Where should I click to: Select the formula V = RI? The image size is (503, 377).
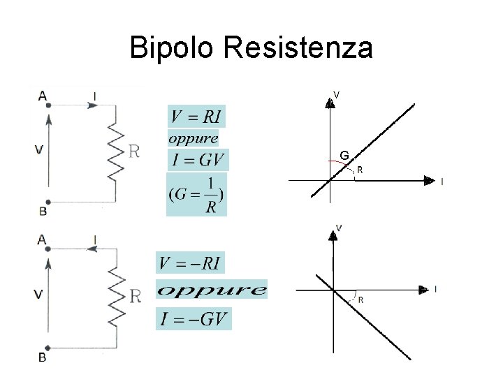197,116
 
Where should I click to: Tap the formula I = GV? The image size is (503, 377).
198,161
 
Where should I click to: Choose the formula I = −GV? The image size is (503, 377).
192,320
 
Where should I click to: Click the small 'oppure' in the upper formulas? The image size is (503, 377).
194,138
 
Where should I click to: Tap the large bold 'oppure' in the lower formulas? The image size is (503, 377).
212,290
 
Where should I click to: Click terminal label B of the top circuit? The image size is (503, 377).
43,210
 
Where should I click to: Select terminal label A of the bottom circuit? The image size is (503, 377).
42,239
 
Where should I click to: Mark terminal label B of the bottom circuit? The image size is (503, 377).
42,357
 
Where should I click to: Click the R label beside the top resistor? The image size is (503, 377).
135,151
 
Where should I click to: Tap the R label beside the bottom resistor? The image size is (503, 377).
135,296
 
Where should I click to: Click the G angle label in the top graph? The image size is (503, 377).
344,154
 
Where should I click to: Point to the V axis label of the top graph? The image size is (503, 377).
337,94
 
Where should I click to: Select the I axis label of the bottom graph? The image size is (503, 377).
435,288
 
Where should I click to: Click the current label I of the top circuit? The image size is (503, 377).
94,95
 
